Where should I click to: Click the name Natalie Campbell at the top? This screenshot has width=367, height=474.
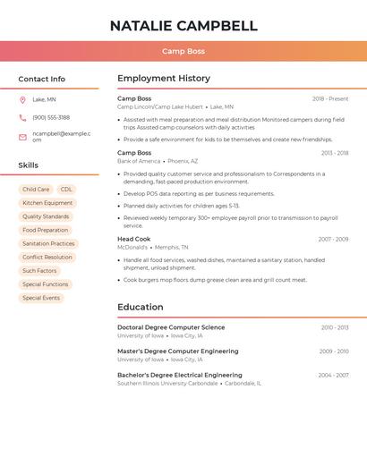[183, 25]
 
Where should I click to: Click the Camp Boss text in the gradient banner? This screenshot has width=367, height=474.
[183, 52]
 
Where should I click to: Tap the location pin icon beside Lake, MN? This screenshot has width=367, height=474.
[22, 99]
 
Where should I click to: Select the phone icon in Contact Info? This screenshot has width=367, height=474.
[22, 117]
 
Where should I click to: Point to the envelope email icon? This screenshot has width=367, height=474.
[22, 137]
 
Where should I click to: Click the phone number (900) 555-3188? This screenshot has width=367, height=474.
[51, 117]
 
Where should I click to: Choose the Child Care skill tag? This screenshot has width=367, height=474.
[36, 190]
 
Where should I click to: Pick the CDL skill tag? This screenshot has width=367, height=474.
[66, 190]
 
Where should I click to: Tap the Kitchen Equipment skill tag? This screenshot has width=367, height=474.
[47, 203]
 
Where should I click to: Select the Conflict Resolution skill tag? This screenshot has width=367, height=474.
[47, 258]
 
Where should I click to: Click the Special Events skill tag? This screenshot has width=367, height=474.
[41, 298]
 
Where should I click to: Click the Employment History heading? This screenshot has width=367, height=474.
[164, 79]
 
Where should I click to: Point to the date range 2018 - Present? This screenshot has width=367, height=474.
[330, 98]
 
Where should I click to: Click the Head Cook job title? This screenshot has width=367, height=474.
[133, 239]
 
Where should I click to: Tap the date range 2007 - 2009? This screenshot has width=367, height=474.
[333, 239]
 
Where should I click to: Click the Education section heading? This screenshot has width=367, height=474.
[140, 307]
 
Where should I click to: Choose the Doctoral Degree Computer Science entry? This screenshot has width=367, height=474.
[171, 327]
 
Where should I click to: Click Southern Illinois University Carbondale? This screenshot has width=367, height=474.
[167, 383]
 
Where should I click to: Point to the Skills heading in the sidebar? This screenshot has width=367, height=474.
[28, 165]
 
